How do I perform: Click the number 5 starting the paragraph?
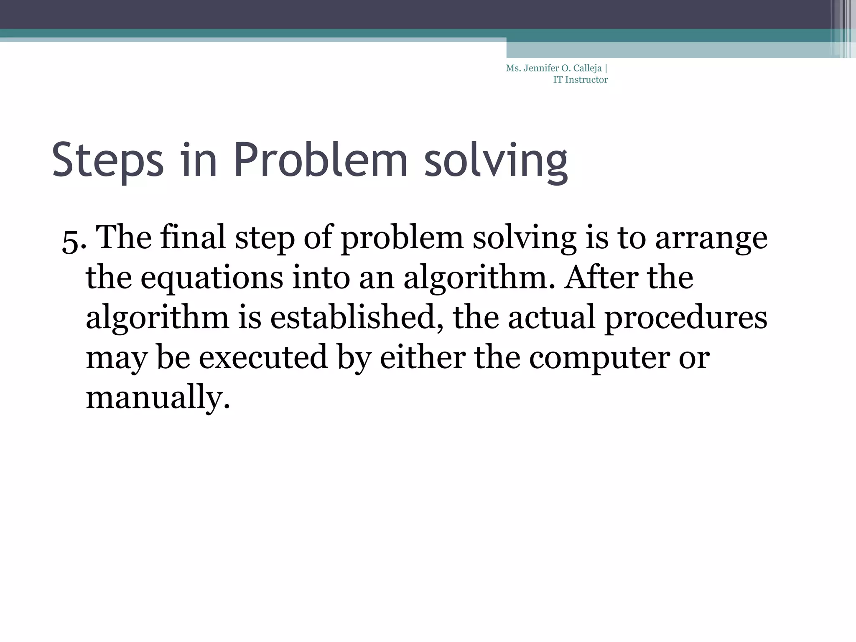point(70,241)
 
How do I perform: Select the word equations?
point(211,278)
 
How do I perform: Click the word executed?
point(263,358)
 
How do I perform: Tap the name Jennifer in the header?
point(540,69)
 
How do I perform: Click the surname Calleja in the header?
point(588,69)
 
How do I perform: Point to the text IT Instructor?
point(580,80)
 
